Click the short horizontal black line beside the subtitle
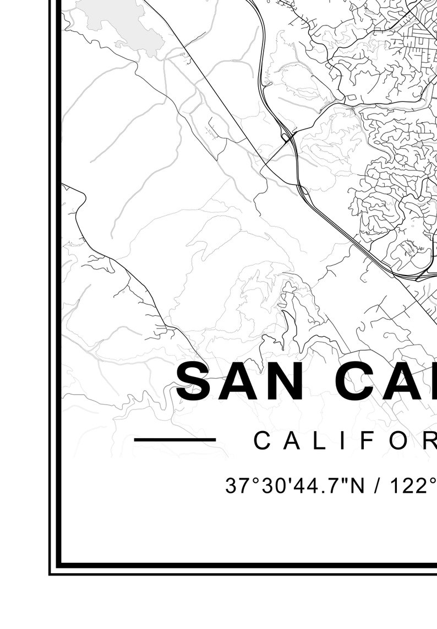tap(174, 439)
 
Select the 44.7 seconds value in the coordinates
tap(312, 486)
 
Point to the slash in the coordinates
tap(379, 486)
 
